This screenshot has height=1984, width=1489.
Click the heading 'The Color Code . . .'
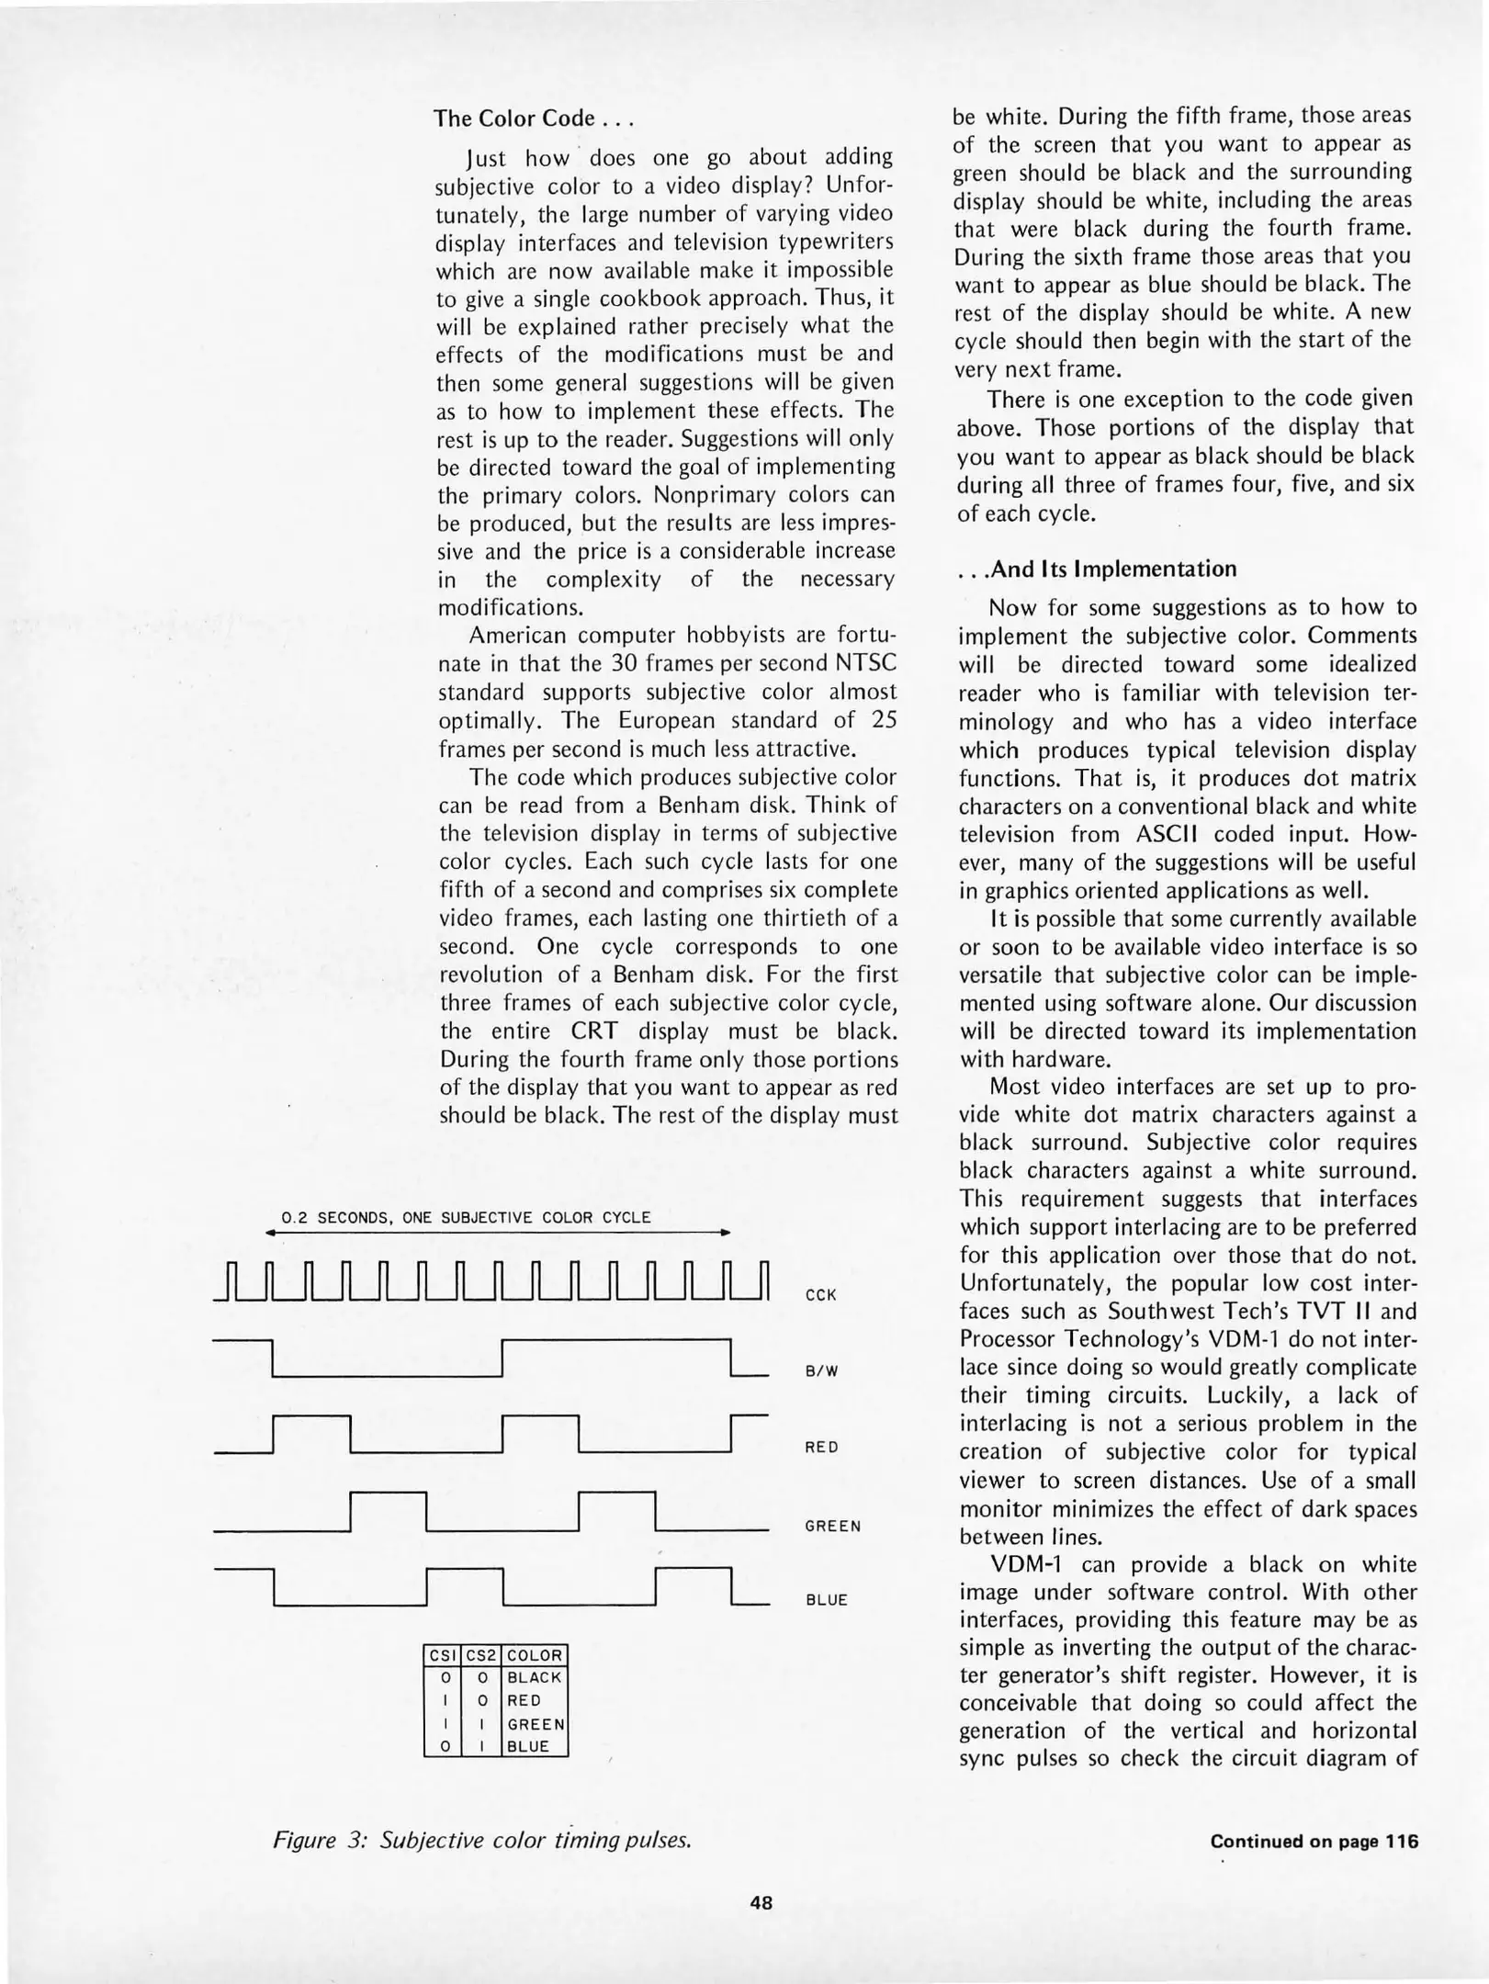click(x=535, y=119)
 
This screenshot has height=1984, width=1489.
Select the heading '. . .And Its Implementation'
click(x=1097, y=569)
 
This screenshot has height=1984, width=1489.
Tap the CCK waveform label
click(x=820, y=1295)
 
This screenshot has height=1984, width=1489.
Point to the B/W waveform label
click(x=821, y=1371)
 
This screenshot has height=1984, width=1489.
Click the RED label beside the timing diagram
click(x=820, y=1448)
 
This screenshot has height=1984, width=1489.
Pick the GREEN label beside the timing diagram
click(x=832, y=1526)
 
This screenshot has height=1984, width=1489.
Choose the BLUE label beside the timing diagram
click(x=826, y=1599)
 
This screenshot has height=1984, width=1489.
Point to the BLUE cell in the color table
click(x=527, y=1746)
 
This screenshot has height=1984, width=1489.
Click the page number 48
click(x=761, y=1903)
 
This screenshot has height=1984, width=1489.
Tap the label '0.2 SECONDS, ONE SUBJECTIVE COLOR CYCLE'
click(x=466, y=1218)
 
